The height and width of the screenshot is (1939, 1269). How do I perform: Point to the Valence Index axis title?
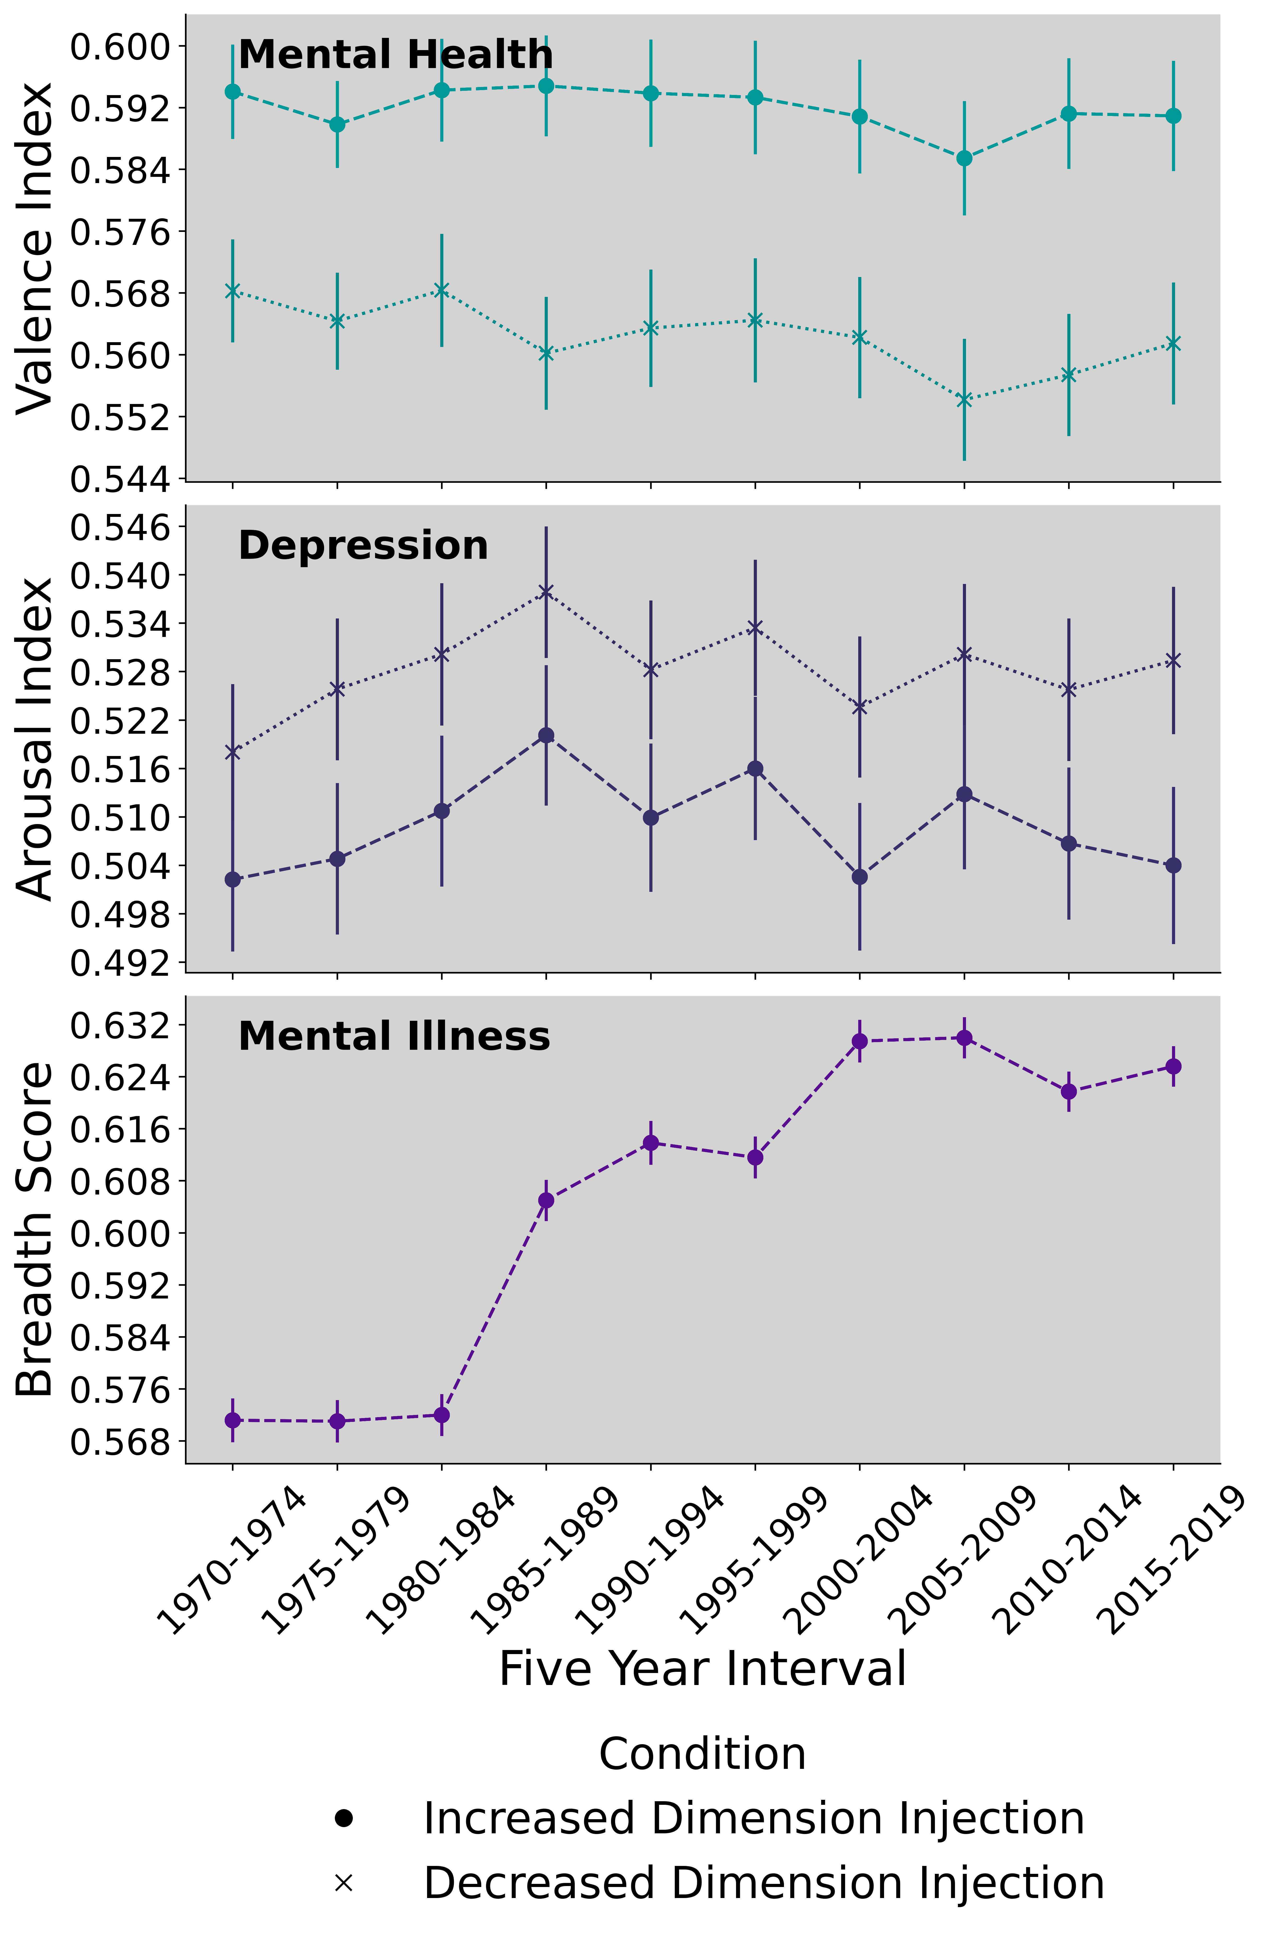(x=34, y=248)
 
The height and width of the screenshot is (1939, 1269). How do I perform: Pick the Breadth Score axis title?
(x=34, y=1230)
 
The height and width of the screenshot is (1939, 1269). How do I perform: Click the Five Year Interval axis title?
(x=702, y=1668)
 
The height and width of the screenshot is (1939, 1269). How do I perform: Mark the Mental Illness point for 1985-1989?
(x=547, y=1200)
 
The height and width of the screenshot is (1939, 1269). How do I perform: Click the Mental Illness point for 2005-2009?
(x=964, y=1038)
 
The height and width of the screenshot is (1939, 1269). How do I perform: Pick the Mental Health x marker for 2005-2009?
(x=964, y=399)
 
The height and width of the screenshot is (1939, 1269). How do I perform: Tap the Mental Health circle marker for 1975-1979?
(x=337, y=125)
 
